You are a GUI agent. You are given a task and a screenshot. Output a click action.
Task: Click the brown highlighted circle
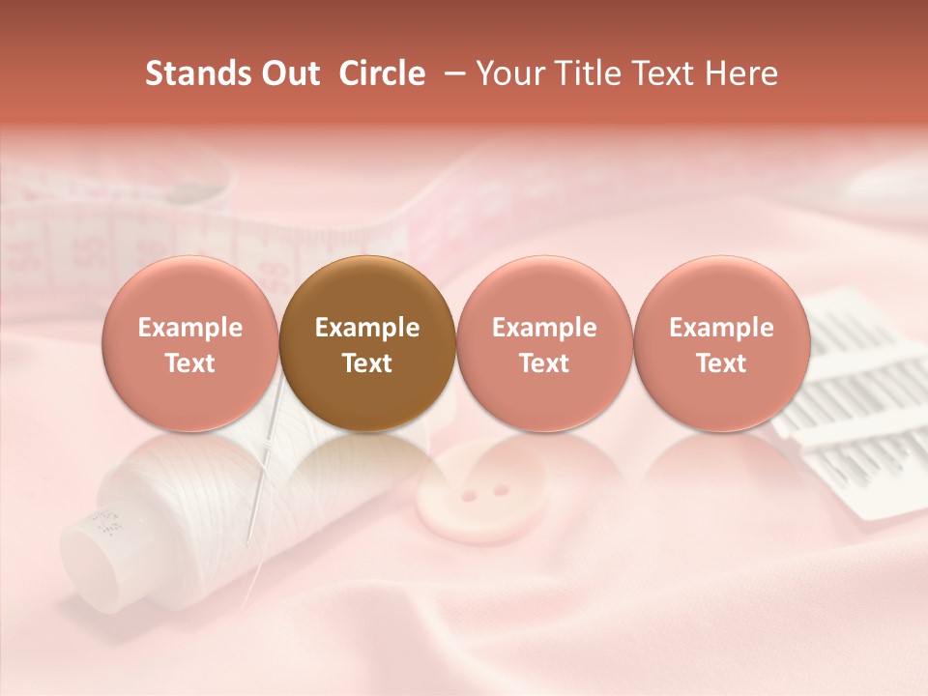pos(367,343)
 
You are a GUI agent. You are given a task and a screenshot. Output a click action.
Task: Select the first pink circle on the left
pos(190,343)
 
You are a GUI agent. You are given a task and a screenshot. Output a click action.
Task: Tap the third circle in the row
pos(544,343)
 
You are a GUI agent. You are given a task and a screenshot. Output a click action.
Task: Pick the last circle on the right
pos(721,343)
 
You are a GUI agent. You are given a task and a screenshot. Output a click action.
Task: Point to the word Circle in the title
pos(382,73)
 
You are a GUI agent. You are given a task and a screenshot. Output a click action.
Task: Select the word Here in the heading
pos(745,73)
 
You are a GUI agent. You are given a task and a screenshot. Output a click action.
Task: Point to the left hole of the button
pos(469,496)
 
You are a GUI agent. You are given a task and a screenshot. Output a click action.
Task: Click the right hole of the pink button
pos(500,490)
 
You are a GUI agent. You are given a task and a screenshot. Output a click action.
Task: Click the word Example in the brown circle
pos(367,328)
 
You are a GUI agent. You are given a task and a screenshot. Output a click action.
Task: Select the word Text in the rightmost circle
pos(721,363)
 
